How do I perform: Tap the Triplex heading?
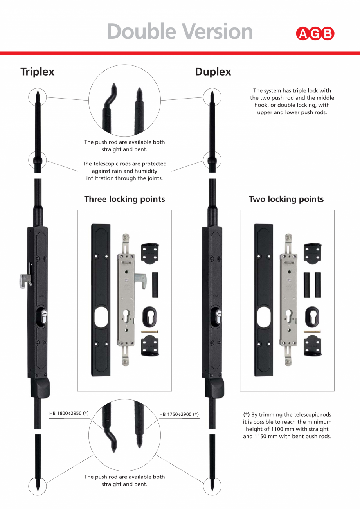pos(37,72)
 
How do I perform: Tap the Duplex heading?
pos(213,72)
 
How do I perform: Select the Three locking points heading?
pos(124,199)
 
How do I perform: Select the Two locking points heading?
pos(286,199)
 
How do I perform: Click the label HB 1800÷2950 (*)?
pos(69,413)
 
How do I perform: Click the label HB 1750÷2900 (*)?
pos(179,414)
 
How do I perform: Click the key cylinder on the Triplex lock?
pos(44,316)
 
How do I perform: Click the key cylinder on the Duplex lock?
pos(218,316)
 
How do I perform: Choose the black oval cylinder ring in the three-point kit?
pos(149,316)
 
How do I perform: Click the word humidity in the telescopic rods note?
pos(146,171)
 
